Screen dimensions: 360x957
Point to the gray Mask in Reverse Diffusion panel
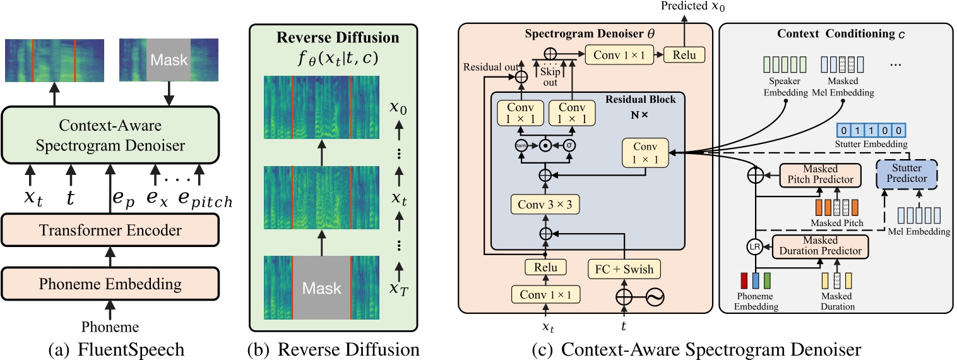(x=321, y=288)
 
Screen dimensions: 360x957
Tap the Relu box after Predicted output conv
(x=684, y=54)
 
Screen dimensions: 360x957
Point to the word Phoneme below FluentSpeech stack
(x=111, y=326)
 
